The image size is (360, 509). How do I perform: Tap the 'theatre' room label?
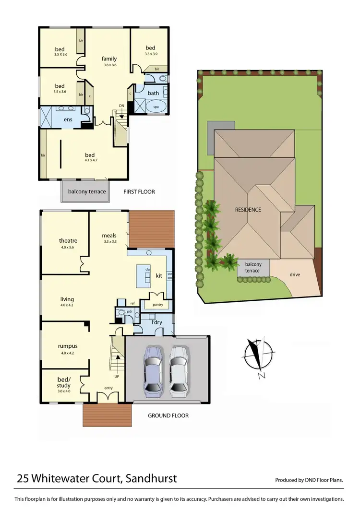pyautogui.click(x=68, y=241)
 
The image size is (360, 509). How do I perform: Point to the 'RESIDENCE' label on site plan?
pyautogui.click(x=248, y=210)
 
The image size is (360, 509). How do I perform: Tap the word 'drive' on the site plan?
pyautogui.click(x=295, y=275)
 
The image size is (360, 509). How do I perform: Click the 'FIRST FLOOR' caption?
pyautogui.click(x=139, y=192)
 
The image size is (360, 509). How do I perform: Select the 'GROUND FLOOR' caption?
pyautogui.click(x=168, y=415)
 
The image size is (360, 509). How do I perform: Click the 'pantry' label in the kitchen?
pyautogui.click(x=157, y=305)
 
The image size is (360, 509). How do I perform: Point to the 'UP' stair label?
pyautogui.click(x=117, y=377)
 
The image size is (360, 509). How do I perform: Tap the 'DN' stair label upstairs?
pyautogui.click(x=122, y=106)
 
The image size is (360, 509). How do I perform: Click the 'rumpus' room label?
pyautogui.click(x=68, y=346)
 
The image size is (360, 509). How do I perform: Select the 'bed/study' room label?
pyautogui.click(x=63, y=383)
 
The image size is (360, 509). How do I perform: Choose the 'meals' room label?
pyautogui.click(x=109, y=236)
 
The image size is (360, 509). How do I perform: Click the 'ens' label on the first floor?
pyautogui.click(x=68, y=119)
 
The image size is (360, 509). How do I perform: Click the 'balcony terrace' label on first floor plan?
pyautogui.click(x=87, y=192)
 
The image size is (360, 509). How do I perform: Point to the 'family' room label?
pyautogui.click(x=109, y=59)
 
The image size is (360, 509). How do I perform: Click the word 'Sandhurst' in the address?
pyautogui.click(x=152, y=478)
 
